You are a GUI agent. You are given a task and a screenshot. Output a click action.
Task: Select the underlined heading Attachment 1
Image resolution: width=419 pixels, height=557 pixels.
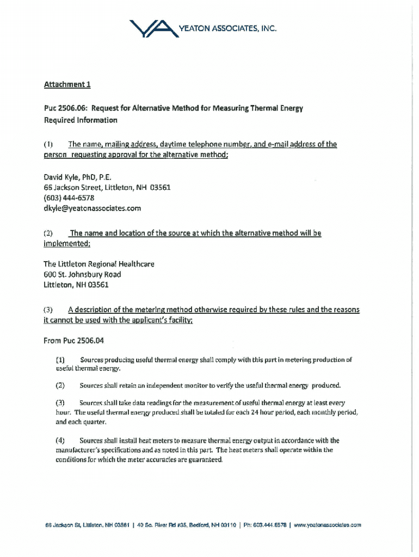pyautogui.click(x=64, y=84)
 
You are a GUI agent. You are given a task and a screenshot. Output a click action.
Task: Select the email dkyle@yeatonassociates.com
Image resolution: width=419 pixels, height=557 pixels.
pyautogui.click(x=92, y=208)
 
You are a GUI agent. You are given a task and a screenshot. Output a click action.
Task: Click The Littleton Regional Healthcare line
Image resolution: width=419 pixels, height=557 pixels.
pyautogui.click(x=98, y=264)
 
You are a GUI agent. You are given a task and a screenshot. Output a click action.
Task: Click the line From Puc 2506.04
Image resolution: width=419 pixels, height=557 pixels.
pyautogui.click(x=73, y=341)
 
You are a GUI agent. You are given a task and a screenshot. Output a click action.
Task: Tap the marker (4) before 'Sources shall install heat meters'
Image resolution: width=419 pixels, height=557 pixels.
pyautogui.click(x=60, y=441)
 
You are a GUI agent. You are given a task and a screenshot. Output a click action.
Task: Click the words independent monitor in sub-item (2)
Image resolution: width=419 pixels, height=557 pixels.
pyautogui.click(x=180, y=386)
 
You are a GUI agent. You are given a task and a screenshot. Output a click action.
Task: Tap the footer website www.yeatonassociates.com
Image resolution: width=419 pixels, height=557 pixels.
pyautogui.click(x=328, y=525)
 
